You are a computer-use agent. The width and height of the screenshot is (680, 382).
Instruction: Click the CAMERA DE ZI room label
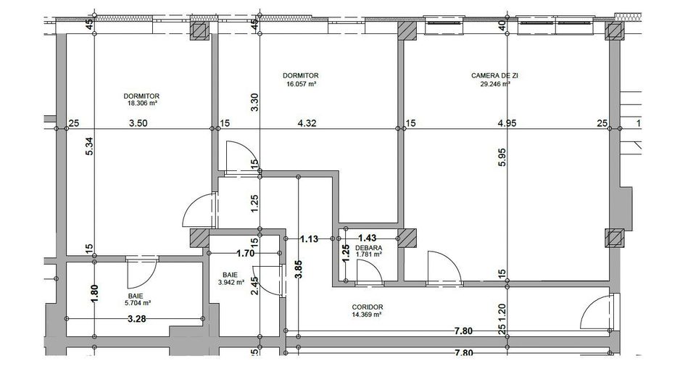coord(490,75)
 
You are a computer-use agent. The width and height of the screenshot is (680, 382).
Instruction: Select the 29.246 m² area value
coord(490,84)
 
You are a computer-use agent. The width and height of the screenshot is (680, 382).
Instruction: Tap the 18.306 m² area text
coord(142,103)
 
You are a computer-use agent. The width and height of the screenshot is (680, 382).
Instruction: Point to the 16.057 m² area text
coord(301,83)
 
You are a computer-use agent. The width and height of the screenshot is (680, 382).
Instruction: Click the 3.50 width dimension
coord(138,124)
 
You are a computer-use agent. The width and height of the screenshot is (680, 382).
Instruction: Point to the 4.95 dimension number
coord(507,124)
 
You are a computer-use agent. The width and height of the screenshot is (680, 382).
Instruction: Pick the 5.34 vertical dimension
coord(90,154)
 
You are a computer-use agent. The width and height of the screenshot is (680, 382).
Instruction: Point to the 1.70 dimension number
coord(246,254)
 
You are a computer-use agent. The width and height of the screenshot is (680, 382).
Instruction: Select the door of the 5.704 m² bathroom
coord(137,273)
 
